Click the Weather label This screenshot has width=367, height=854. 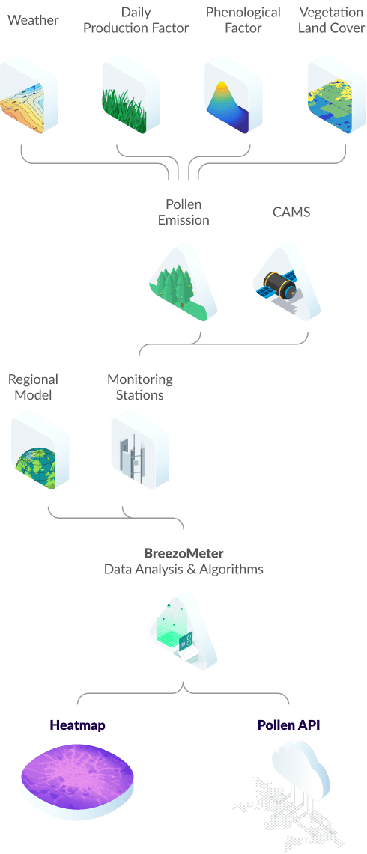[33, 21]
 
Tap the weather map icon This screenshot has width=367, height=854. [28, 96]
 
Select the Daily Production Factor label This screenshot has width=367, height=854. [136, 20]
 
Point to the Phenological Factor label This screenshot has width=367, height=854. [243, 20]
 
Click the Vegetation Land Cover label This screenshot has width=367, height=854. [331, 20]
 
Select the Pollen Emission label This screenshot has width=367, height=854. [183, 213]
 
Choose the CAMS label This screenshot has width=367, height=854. [292, 212]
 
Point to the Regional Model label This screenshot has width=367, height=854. [33, 387]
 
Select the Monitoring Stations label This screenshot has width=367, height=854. [139, 387]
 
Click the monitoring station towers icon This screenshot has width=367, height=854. [139, 451]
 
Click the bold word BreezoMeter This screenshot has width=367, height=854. [183, 553]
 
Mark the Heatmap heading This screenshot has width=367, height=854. [77, 725]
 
